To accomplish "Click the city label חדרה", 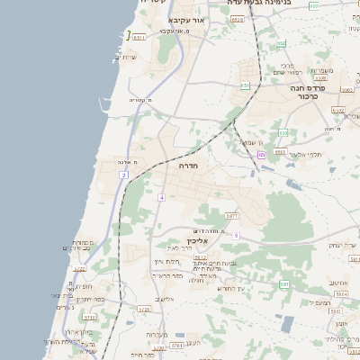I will coord(189,166).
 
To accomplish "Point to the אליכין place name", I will coord(198,241).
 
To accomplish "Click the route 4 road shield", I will coord(161,196).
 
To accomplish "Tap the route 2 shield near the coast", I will coord(123,175).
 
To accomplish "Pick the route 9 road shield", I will coord(237,235).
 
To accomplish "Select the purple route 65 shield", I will coord(261,155).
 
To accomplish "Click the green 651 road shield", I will coord(245,86).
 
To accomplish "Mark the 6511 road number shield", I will coord(139,38).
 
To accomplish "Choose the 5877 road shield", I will coord(231,216).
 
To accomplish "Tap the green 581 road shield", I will coord(284,284).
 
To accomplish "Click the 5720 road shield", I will coord(144,310).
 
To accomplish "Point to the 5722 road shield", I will coord(79,269).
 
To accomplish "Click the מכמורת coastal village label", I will coord(81,243).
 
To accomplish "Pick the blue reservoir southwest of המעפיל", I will coord(287,324).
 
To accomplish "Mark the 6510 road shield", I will coord(237,18).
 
